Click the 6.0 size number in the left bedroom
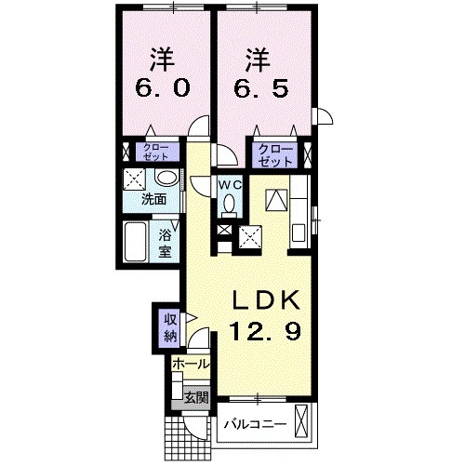point(162,88)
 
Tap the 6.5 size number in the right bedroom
point(260,88)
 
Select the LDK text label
point(267,300)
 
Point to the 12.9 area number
point(265,330)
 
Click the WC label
point(230,185)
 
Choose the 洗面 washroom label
point(153,199)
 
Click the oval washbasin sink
point(166,178)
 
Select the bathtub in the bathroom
point(135,242)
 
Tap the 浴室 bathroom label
point(165,243)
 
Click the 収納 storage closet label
point(170,327)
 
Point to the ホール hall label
point(192,364)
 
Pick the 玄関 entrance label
point(196,398)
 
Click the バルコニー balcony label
point(256,423)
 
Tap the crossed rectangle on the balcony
point(300,420)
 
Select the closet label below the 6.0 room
point(156,152)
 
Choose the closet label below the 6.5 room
point(275,155)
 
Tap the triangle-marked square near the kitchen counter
point(276,200)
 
